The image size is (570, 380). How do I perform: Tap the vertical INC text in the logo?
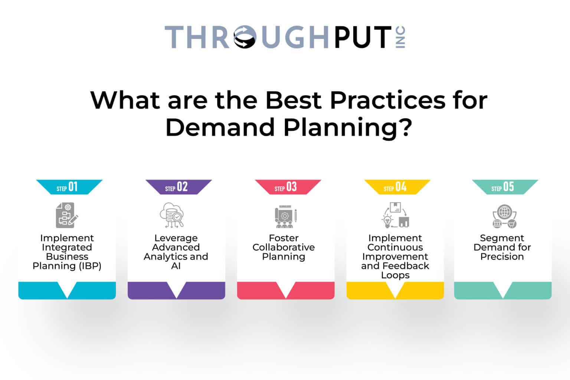point(400,37)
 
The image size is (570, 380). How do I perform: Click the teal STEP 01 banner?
point(69,187)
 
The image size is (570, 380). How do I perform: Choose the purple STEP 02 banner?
point(178,187)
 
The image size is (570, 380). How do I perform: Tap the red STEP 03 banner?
point(288,187)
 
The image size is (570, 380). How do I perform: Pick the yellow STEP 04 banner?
point(397,187)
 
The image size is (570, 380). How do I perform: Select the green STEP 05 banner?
point(504,187)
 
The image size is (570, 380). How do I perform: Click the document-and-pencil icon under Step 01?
point(67,215)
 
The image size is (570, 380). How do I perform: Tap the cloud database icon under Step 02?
point(172,215)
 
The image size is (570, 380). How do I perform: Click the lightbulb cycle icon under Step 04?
point(395,215)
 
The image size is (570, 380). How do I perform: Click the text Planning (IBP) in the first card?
point(67,266)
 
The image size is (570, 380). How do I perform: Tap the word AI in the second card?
point(176,266)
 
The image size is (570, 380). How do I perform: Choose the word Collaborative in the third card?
point(284,248)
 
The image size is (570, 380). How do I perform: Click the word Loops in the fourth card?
point(395,275)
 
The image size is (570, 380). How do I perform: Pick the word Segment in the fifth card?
point(502,238)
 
